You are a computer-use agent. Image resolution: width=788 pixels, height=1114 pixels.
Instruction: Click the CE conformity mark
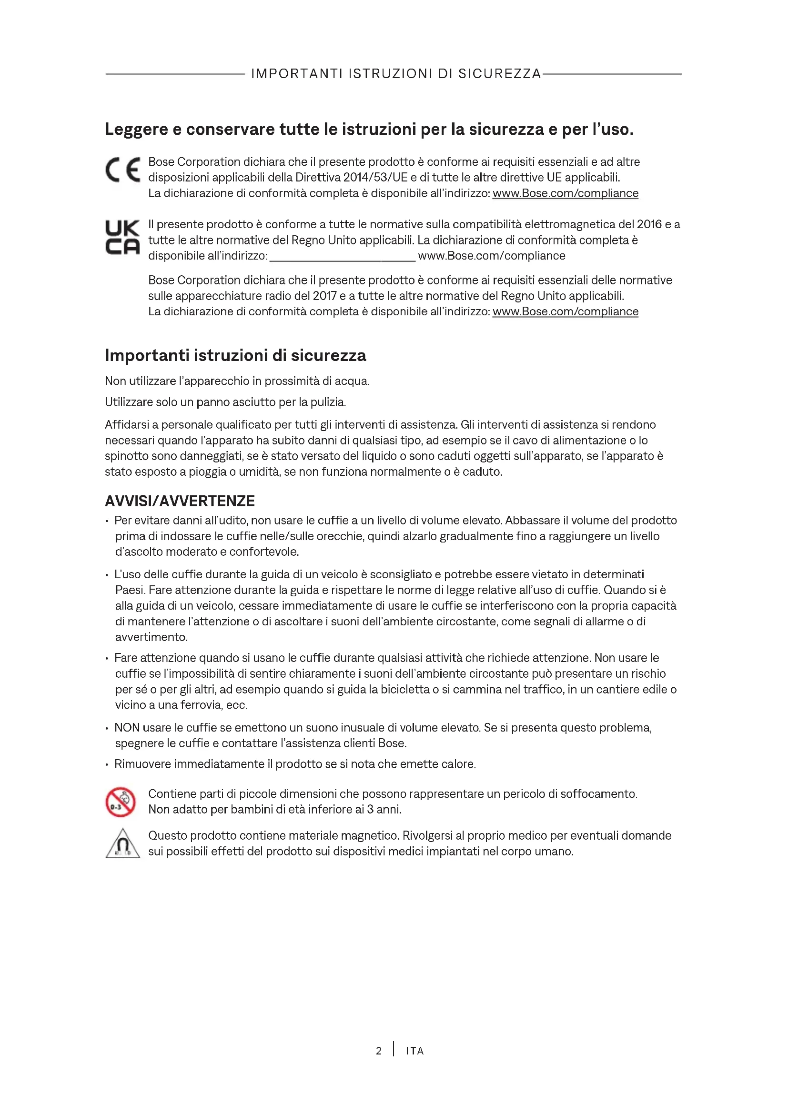coord(123,170)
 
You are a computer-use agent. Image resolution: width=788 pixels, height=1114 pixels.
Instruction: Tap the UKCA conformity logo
coord(122,237)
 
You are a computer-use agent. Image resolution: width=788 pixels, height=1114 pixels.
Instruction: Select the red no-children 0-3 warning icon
coord(121,802)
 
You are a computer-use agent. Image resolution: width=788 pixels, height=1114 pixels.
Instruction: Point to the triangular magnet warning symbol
coord(122,844)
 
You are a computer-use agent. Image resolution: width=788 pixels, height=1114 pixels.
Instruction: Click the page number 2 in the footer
coord(378,1051)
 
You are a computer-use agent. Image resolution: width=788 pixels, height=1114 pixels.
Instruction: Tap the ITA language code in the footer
coord(415,1051)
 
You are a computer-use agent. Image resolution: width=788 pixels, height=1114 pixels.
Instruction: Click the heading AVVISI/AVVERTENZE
coord(180,501)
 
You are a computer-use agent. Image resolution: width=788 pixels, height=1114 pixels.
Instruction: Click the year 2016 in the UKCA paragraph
coord(649,224)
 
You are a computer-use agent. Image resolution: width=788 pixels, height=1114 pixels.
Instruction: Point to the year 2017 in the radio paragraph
coord(325,296)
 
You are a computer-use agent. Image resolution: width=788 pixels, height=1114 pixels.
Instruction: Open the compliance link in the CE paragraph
coord(566,193)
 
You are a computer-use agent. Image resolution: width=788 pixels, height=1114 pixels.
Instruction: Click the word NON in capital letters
coord(127,728)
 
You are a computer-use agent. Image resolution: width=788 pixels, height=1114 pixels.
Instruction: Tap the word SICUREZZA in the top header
coord(499,74)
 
